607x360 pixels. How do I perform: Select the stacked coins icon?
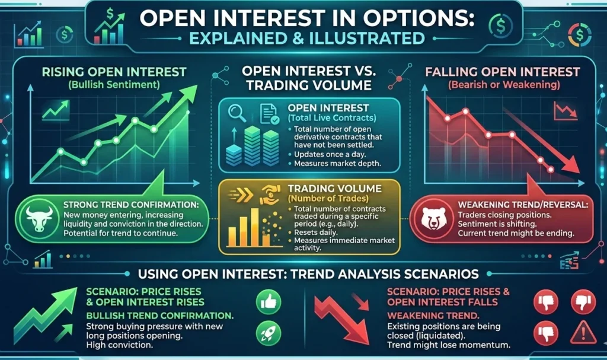pos(252,144)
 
